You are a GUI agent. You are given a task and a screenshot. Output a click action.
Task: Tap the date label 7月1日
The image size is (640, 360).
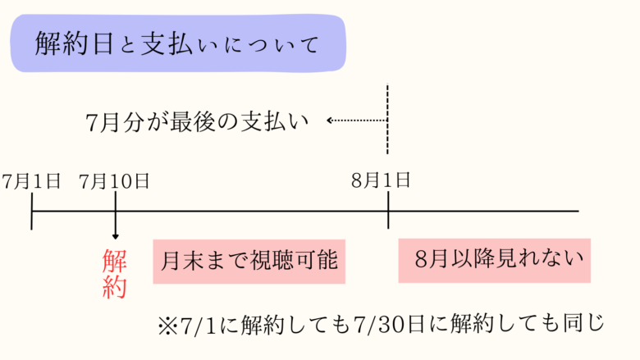coord(31,181)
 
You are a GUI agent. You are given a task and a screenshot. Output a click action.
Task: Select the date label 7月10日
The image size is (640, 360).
coord(115,181)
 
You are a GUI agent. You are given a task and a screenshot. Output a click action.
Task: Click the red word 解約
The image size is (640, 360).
coord(114,274)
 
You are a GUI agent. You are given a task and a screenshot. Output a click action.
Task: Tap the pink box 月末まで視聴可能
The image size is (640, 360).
coord(246,262)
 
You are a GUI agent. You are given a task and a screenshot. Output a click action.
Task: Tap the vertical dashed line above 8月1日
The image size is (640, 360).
coord(387,119)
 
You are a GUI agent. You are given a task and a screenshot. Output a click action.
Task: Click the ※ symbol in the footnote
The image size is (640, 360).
coord(167,323)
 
